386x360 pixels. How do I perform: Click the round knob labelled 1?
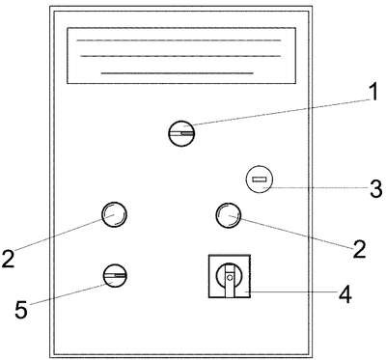click(x=181, y=133)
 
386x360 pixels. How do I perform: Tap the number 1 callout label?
click(x=372, y=93)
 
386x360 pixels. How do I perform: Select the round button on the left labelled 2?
click(x=114, y=214)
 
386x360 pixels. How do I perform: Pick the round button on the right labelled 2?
click(x=229, y=215)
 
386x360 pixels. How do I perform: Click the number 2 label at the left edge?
click(x=8, y=259)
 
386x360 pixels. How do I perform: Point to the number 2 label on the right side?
click(x=359, y=249)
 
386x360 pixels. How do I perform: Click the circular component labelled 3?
click(x=260, y=180)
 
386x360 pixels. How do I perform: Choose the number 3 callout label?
click(x=375, y=189)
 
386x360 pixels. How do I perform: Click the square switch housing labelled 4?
click(x=230, y=276)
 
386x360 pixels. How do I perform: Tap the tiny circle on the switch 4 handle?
click(x=230, y=277)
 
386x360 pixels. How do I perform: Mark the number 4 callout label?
click(x=345, y=294)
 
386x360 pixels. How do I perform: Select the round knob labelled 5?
click(x=115, y=276)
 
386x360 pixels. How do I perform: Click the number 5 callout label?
click(x=21, y=310)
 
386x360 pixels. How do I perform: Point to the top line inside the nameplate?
click(x=179, y=41)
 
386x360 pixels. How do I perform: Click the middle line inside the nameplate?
click(x=180, y=56)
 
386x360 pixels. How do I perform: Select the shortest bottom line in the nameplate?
click(x=177, y=73)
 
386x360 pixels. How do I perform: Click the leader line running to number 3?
click(x=316, y=187)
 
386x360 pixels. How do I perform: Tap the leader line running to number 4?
click(x=292, y=291)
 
